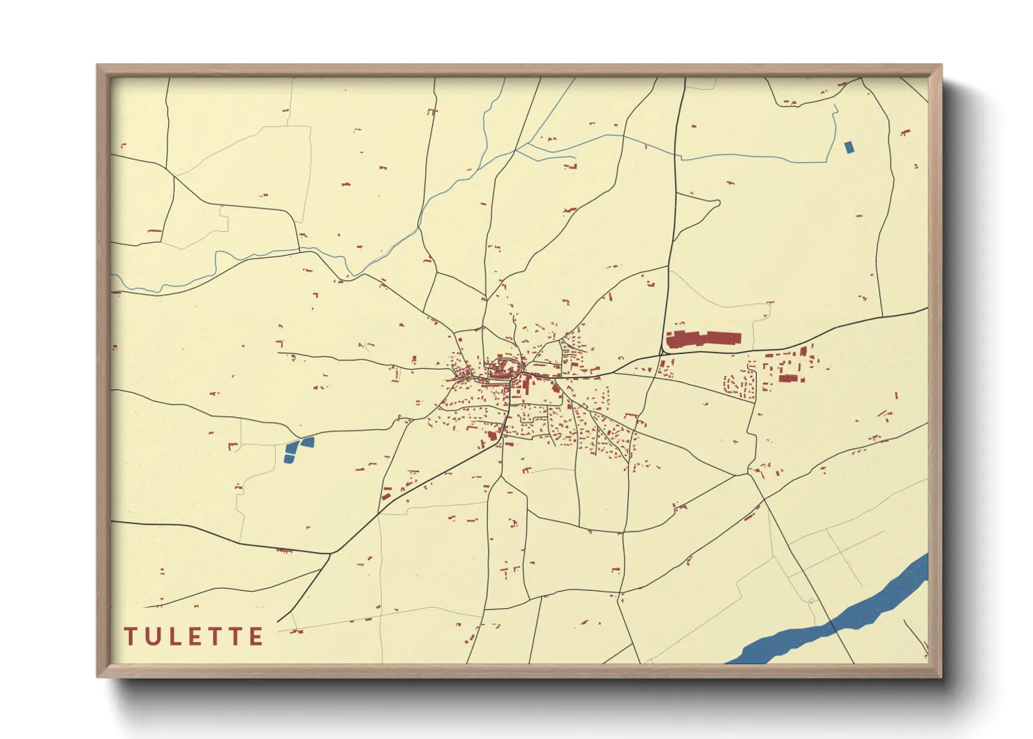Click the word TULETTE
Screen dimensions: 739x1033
[194, 636]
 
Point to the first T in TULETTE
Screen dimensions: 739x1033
[130, 636]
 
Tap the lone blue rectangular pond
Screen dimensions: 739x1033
[849, 147]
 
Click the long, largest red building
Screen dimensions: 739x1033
[703, 339]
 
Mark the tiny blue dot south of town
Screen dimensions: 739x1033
[522, 459]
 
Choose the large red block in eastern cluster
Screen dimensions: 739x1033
[788, 378]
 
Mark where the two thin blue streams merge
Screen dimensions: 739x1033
[516, 149]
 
